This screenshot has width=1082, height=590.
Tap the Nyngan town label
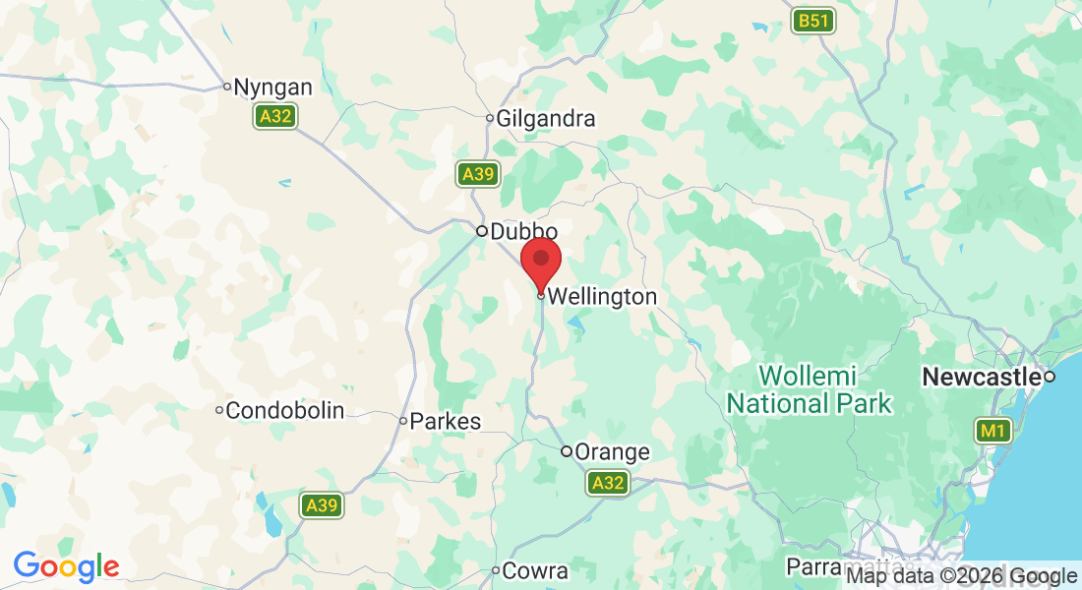point(273,87)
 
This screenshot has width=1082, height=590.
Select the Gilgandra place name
point(546,119)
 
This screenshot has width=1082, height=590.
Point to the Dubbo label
point(516,232)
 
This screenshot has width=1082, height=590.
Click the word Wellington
point(602,296)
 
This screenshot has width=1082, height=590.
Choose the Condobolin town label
point(285,410)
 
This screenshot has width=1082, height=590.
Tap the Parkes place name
point(445,421)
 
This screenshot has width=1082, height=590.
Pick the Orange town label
point(612,452)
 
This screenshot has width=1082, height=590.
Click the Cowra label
point(535,570)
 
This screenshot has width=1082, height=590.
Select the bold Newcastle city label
point(981,377)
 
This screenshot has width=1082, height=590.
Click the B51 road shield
point(814,21)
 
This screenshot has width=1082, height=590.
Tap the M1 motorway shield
point(992,430)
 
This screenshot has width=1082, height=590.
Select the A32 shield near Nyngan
point(275,117)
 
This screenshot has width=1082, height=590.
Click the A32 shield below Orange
point(608,483)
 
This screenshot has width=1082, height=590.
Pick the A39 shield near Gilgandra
point(478,174)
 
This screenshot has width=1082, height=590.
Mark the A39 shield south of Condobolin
point(322,505)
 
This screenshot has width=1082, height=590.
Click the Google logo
point(67,566)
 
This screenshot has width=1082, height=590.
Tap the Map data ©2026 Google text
point(962,576)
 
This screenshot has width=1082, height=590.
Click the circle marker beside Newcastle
point(1050,377)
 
